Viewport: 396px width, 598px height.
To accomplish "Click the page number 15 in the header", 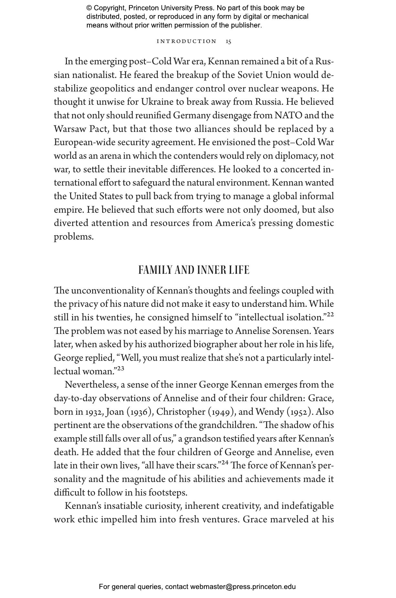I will click(229, 41).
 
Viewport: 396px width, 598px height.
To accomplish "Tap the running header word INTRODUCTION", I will click(187, 41).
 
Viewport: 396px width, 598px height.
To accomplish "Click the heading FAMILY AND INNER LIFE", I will click(194, 270).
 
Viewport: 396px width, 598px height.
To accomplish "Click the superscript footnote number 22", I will click(330, 315).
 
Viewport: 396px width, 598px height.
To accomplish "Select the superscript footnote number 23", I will click(120, 368).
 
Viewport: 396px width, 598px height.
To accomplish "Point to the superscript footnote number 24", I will click(225, 463).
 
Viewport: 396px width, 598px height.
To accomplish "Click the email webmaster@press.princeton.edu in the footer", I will click(243, 587).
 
